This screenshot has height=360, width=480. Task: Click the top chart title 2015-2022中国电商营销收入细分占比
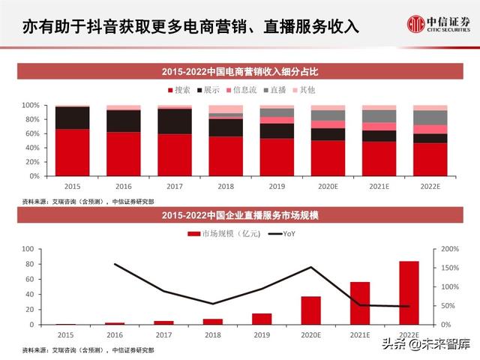point(241,72)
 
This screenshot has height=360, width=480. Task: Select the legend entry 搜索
point(178,90)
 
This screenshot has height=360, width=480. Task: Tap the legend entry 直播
point(274,90)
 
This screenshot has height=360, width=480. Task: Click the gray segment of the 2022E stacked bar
point(430,117)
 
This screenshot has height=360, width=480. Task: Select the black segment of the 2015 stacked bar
point(72,118)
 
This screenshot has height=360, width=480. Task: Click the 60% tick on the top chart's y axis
point(31,133)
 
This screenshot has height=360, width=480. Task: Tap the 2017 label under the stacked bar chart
point(174,186)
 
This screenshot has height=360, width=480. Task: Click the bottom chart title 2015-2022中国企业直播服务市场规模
point(241,217)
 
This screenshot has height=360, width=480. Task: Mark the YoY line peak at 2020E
point(310,267)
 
